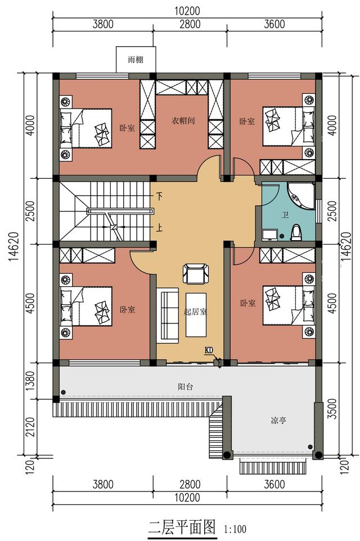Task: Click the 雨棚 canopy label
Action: click(136, 60)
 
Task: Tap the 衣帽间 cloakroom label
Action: click(183, 120)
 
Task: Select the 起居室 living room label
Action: click(195, 312)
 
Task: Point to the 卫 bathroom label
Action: click(285, 215)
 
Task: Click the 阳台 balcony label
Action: click(186, 387)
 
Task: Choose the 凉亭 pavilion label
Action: click(278, 421)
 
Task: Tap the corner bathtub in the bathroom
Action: click(301, 196)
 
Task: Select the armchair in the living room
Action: click(196, 273)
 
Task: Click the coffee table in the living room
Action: click(196, 315)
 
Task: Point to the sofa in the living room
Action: click(168, 315)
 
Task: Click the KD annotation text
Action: click(209, 350)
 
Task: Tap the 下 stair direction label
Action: click(159, 197)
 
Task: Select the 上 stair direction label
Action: click(159, 228)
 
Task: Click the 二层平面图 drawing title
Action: click(182, 527)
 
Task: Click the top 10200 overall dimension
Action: click(187, 11)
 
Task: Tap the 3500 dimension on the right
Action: click(332, 409)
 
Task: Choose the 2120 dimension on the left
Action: click(30, 427)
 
